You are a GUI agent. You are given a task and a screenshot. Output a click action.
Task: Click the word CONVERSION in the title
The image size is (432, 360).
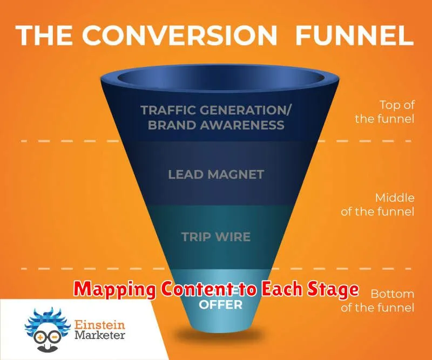click(179, 35)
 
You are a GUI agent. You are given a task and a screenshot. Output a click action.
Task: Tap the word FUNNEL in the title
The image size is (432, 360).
click(355, 35)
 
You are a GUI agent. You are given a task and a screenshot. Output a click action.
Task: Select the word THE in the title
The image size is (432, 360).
click(44, 36)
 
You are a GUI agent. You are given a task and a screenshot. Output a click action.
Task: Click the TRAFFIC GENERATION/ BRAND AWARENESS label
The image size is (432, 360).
click(216, 118)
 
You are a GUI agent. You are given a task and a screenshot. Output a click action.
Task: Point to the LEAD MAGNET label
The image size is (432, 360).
click(216, 174)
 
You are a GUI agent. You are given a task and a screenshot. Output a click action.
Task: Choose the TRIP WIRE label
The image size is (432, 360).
click(216, 237)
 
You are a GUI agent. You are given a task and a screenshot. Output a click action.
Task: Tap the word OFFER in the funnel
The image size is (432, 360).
click(220, 304)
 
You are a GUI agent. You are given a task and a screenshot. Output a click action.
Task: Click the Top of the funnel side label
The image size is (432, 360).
click(384, 112)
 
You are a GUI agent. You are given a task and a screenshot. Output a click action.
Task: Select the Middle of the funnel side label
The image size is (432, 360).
click(377, 205)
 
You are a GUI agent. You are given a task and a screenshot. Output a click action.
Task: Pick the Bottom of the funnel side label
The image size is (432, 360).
click(377, 301)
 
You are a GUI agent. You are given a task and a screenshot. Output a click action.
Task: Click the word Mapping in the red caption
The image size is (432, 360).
click(114, 290)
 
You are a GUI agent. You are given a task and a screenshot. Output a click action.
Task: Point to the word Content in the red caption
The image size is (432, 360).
click(198, 289)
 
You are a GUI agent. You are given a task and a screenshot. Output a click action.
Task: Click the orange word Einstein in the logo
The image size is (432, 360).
click(100, 325)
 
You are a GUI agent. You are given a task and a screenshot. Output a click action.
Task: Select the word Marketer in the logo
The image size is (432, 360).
click(100, 335)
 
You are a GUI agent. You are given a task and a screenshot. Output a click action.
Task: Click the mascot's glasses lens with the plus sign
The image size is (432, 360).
click(41, 337)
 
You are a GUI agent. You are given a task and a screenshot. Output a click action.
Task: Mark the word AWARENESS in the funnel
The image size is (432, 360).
click(242, 125)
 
